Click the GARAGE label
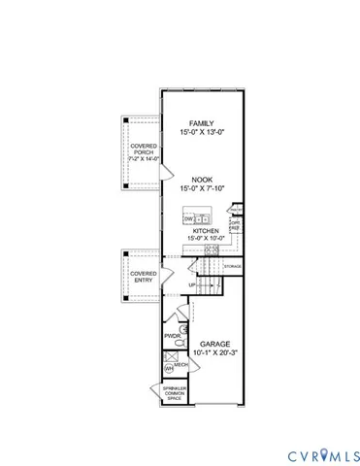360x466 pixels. pos(215,344)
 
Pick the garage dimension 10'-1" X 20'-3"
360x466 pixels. pos(215,353)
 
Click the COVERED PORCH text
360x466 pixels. pos(142,150)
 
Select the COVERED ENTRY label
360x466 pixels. pos(143,277)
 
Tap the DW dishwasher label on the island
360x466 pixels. pos(188,219)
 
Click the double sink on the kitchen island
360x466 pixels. pos(202,219)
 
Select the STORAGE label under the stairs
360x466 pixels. pos(232,265)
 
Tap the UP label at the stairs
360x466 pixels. pos(193,284)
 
